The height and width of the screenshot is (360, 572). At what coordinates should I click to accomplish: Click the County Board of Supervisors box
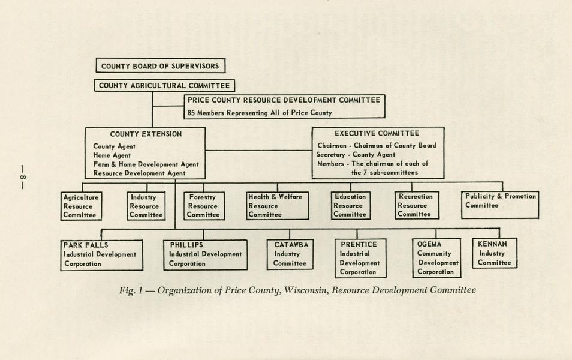pos(160,66)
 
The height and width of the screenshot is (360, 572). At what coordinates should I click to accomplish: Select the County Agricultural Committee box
pos(164,86)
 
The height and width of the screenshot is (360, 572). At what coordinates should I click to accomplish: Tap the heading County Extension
pos(146,134)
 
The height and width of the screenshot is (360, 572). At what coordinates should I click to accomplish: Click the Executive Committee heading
pos(377,134)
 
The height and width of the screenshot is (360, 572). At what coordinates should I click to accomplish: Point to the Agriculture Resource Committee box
pos(81,206)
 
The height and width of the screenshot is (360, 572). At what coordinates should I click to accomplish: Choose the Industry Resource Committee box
pos(146,206)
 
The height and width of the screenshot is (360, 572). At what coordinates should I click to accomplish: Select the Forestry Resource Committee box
pos(204,206)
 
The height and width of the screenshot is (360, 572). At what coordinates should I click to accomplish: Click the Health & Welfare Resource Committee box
pos(277,206)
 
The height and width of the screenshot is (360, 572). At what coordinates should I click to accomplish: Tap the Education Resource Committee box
pos(350,206)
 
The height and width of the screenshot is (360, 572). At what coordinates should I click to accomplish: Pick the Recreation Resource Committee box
pos(416,206)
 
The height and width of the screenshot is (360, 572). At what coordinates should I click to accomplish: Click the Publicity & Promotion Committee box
pos(500,205)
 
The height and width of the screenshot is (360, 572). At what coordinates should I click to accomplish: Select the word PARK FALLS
pos(86,245)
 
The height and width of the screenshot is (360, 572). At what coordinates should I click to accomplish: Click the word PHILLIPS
pos(186,245)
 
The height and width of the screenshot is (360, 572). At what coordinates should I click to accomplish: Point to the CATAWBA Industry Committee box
pos(290,254)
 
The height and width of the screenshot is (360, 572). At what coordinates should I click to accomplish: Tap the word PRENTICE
pos(359,245)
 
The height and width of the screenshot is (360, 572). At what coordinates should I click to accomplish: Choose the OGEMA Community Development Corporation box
pos(436,258)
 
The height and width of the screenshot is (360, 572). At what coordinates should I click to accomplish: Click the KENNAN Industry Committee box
pos(495,253)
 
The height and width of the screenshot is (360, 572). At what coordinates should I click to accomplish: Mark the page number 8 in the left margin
pos(22,177)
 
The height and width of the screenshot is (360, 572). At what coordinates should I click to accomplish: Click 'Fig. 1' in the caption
pos(129,290)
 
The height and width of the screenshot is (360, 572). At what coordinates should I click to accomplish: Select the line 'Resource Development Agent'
pos(139,173)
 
